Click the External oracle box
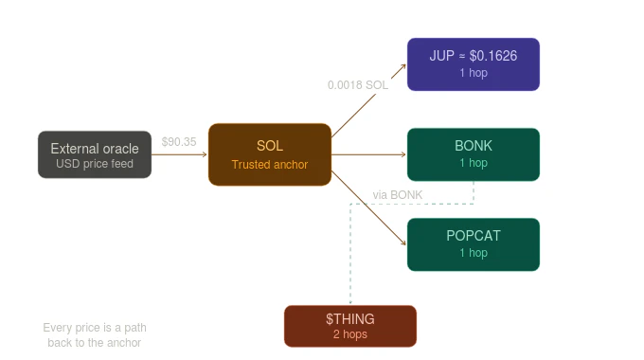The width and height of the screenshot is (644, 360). [x=95, y=154]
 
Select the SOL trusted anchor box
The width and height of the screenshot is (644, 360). [x=270, y=154]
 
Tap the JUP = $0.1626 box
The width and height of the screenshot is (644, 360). [x=474, y=64]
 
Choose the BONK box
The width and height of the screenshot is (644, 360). [x=474, y=154]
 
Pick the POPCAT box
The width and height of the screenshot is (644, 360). [x=474, y=244]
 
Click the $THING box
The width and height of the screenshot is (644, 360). [x=350, y=326]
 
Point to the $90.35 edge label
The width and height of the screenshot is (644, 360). [x=179, y=142]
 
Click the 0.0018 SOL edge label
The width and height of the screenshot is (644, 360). [x=358, y=85]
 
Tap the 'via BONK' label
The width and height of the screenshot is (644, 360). [x=398, y=195]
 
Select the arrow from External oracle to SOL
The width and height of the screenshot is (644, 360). [x=180, y=154]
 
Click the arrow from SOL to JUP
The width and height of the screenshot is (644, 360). [x=368, y=99]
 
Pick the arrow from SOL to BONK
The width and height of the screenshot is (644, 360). [x=369, y=154]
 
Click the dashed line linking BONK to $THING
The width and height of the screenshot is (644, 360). [x=350, y=256]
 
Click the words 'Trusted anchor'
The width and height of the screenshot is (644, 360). [x=270, y=165]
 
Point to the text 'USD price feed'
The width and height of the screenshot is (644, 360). [x=95, y=164]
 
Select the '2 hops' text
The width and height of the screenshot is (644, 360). [x=350, y=334]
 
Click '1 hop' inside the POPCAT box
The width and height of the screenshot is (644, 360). [x=474, y=253]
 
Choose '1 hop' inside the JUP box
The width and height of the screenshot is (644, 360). [x=474, y=73]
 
